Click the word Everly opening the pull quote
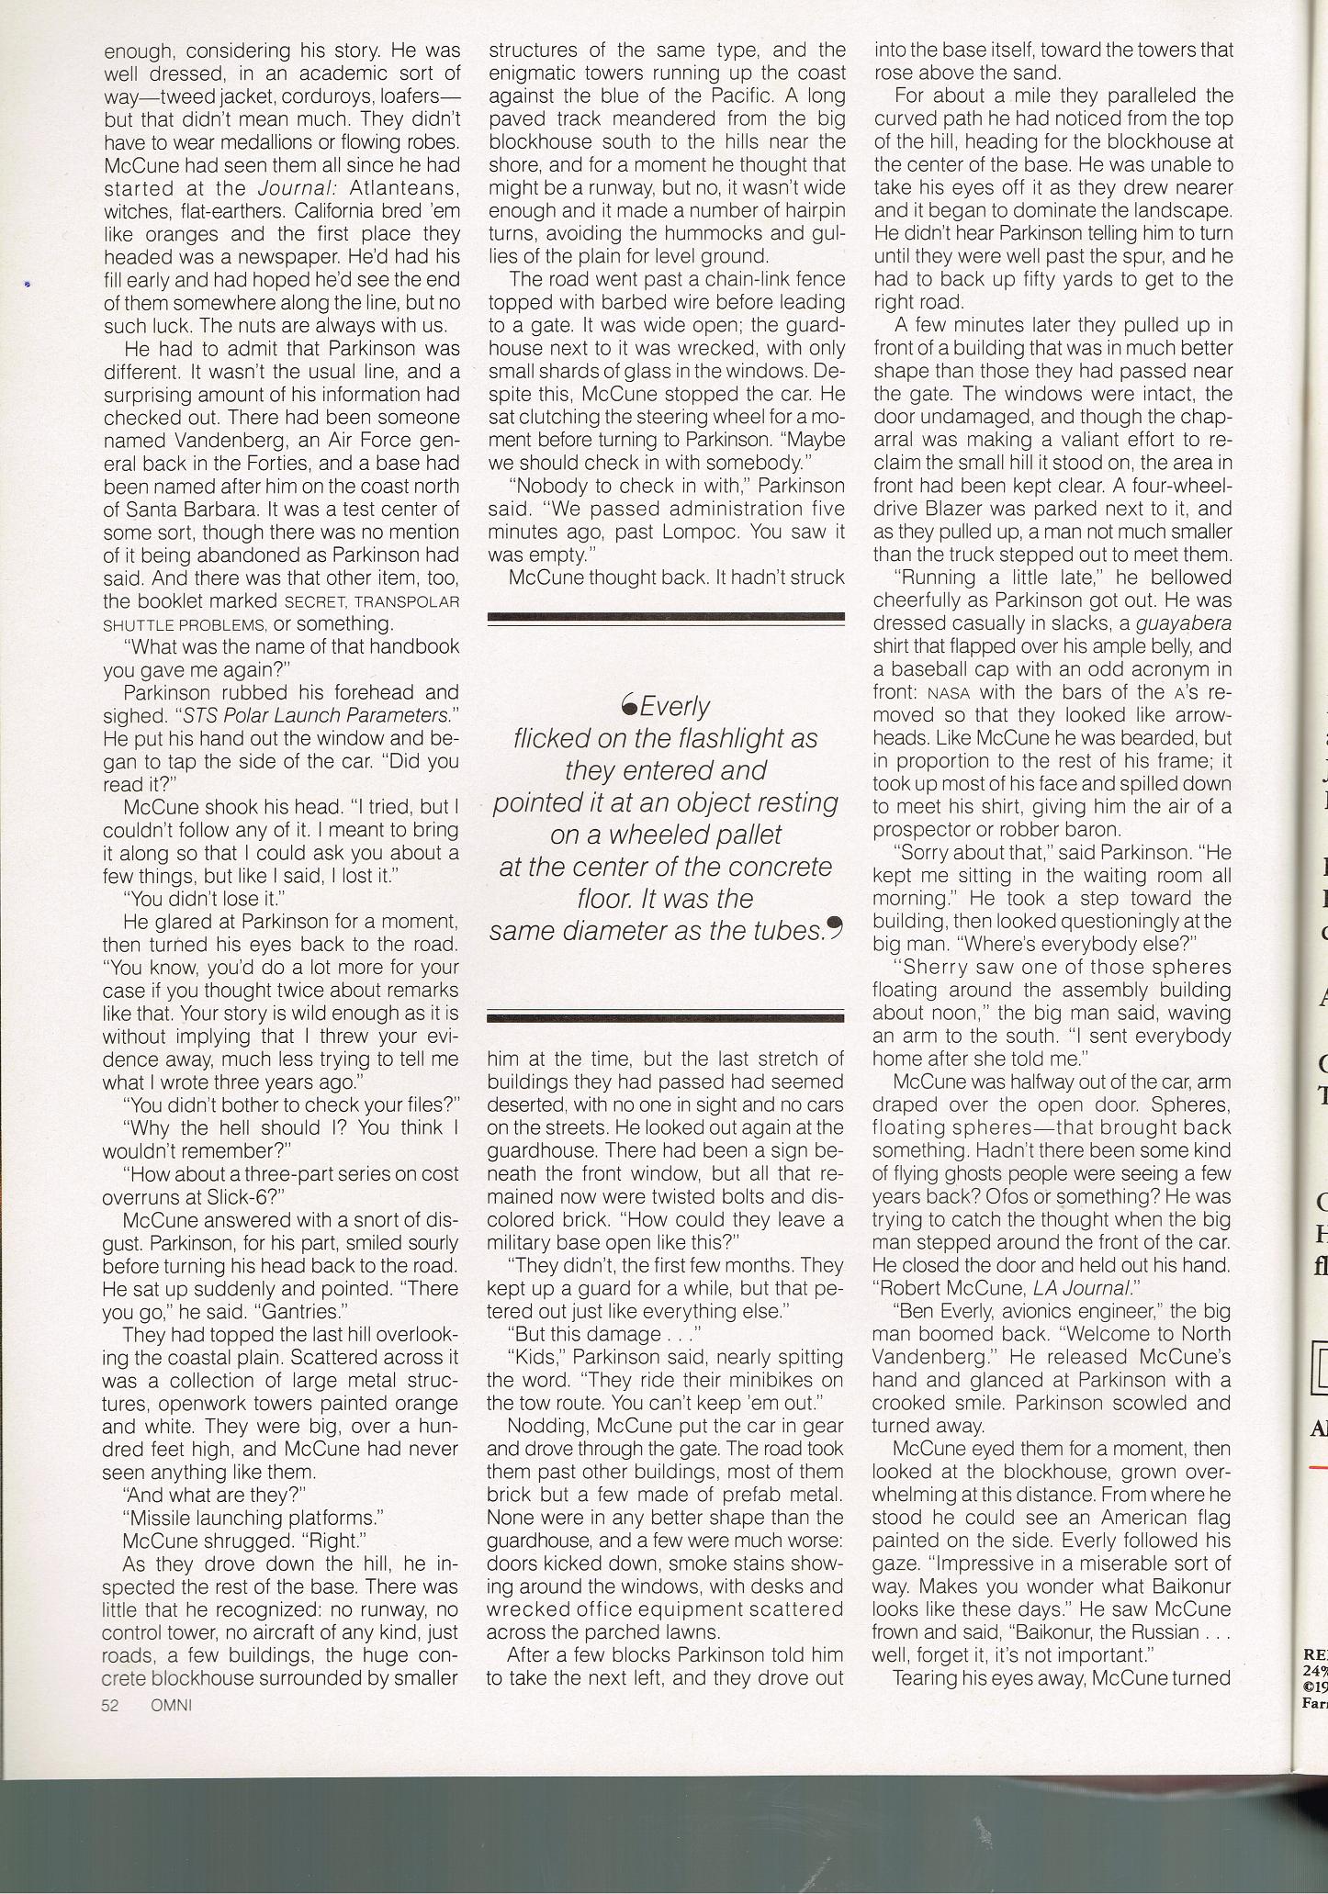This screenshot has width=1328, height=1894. (x=674, y=706)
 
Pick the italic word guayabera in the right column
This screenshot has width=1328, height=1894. (x=1184, y=623)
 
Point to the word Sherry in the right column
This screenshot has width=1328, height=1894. (x=936, y=967)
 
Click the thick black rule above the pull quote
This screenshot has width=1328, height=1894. (x=666, y=616)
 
